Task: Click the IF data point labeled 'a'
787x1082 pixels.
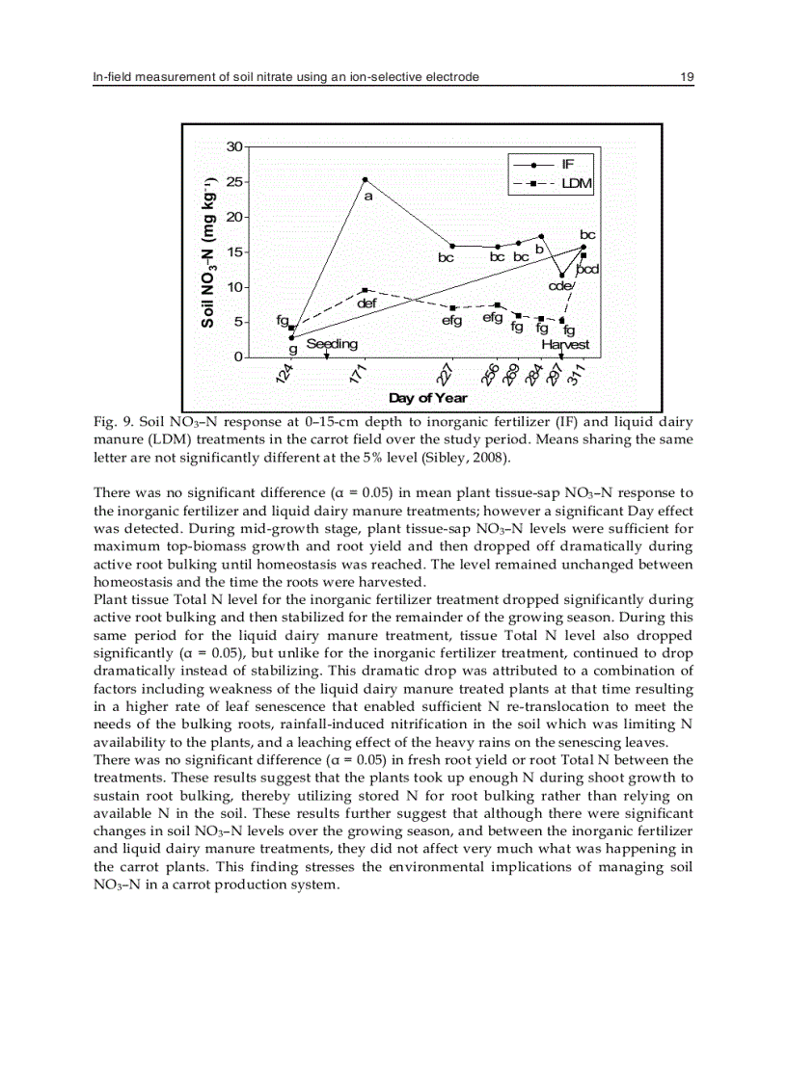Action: click(365, 180)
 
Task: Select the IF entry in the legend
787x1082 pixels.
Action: click(566, 165)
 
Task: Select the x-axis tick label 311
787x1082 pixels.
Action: click(577, 375)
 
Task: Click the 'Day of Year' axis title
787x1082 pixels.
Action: click(427, 398)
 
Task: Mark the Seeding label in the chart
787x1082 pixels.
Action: click(332, 344)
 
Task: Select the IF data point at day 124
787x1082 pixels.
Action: click(291, 337)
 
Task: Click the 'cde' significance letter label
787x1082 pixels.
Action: click(560, 286)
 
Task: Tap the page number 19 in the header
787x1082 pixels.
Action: click(687, 76)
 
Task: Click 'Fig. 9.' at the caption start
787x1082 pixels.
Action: click(104, 422)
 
